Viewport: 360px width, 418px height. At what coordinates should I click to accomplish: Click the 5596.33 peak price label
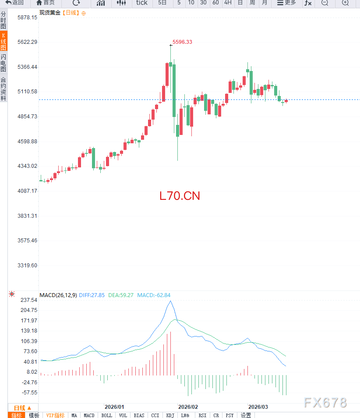[182, 42]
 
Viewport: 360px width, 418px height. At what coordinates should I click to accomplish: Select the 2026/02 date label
[188, 407]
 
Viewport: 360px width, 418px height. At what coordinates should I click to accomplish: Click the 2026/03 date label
[258, 407]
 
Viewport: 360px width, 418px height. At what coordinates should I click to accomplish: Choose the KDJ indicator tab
[170, 415]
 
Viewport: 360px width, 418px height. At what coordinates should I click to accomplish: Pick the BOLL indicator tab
[106, 415]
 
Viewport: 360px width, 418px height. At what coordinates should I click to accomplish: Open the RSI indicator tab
[202, 415]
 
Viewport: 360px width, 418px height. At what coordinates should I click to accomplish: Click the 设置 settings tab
[246, 415]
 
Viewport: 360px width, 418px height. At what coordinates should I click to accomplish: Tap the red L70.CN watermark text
[180, 196]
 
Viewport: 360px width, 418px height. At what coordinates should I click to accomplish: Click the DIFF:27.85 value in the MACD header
[92, 295]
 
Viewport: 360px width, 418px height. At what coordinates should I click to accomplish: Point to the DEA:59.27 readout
[121, 295]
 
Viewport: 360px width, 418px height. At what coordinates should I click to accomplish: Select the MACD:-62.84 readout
[154, 295]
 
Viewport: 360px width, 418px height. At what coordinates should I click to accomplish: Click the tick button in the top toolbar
[142, 3]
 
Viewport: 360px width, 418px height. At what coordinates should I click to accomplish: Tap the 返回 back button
[15, 3]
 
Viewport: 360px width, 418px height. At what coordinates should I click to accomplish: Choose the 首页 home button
[46, 3]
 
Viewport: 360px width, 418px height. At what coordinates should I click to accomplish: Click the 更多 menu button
[286, 3]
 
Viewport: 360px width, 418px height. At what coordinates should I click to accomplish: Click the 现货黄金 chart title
[49, 13]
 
